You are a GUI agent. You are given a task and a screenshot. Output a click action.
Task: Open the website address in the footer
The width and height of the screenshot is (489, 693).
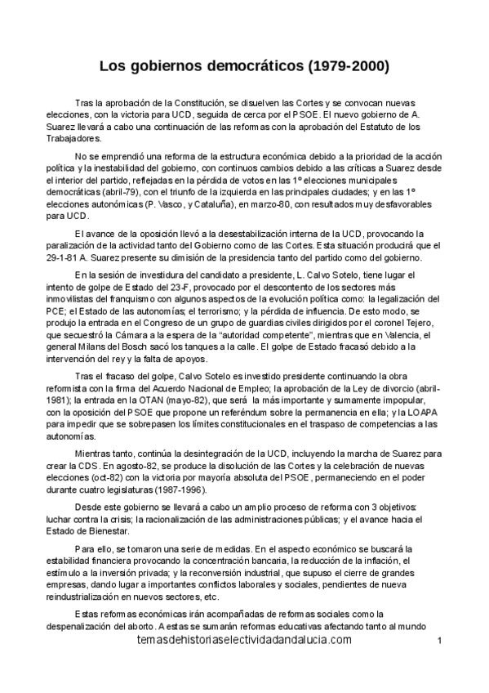click(x=245, y=641)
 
